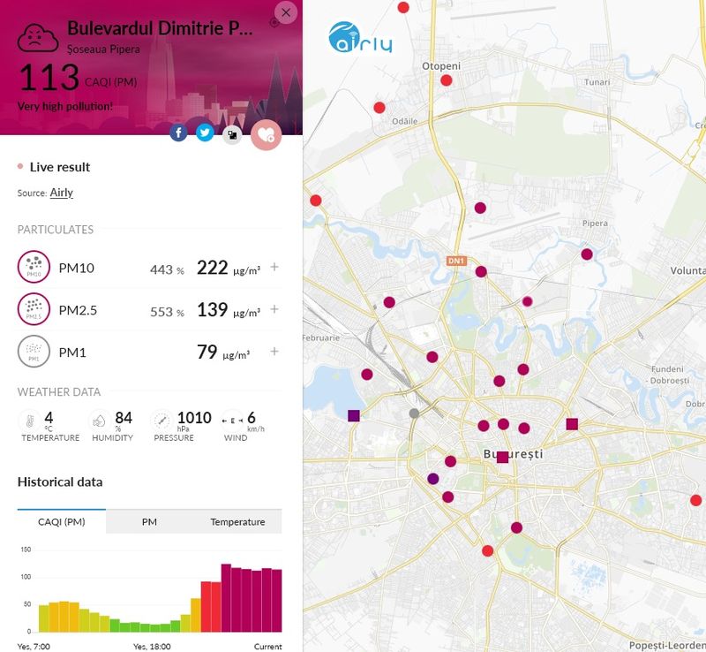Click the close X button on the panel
[286, 12]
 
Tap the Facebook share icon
[178, 133]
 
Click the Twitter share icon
[205, 133]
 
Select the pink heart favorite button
[266, 134]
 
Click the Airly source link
[61, 193]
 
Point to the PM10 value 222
[212, 268]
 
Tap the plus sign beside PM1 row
[274, 352]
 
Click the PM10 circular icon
[34, 266]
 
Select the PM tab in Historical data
[149, 522]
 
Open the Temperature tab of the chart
[237, 522]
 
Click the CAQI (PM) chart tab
[62, 522]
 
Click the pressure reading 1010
[194, 418]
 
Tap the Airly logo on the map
[360, 37]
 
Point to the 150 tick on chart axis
[26, 550]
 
